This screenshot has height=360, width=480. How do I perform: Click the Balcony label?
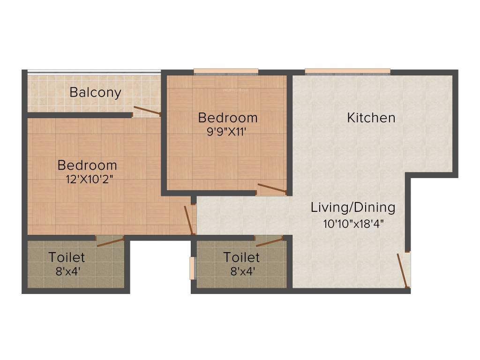click(95, 92)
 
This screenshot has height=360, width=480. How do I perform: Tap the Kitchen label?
click(371, 118)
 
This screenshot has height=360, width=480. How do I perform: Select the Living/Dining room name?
click(353, 207)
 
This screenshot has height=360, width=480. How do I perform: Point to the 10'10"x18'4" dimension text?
click(353, 224)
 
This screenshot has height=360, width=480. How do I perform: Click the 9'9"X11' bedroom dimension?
click(227, 132)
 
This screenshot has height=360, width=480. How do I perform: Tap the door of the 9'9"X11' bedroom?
click(272, 189)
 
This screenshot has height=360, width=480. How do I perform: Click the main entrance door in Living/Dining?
click(403, 270)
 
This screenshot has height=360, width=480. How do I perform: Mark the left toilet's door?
click(111, 242)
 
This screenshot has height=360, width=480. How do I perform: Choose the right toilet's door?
click(270, 241)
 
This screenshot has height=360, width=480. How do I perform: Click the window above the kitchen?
click(347, 72)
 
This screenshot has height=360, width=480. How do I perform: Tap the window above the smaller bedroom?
click(226, 72)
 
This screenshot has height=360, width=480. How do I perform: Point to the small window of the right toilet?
click(192, 268)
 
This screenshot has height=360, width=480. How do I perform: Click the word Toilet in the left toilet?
click(67, 257)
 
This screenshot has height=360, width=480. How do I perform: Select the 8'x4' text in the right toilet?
click(241, 271)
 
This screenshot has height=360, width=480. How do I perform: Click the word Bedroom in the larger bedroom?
click(87, 165)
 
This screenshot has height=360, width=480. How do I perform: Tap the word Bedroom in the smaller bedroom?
click(227, 117)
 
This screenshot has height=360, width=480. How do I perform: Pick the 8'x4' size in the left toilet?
click(67, 271)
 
